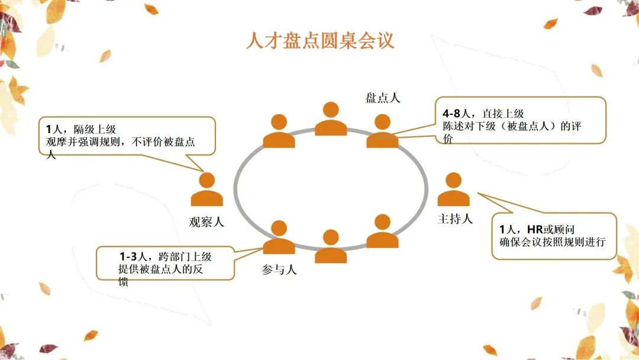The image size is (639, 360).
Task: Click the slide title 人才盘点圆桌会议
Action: click(320, 41)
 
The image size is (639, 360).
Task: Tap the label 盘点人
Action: click(383, 98)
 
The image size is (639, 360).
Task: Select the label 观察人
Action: click(206, 222)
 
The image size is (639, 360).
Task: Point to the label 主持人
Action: click(455, 219)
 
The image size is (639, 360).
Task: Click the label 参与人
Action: click(279, 269)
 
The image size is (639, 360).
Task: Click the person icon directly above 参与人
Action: click(279, 237)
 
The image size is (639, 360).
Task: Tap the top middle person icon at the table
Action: click(331, 118)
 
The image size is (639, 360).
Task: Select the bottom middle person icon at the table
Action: click(331, 246)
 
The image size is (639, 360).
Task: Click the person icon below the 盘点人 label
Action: click(382, 131)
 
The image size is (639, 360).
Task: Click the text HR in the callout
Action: click(535, 229)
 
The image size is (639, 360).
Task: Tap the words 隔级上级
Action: click(95, 129)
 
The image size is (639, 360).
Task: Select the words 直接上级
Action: click(503, 113)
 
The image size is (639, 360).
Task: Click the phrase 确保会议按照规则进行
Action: click(553, 242)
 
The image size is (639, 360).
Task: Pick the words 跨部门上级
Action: click(185, 256)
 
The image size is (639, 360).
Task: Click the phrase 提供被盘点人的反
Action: click(160, 269)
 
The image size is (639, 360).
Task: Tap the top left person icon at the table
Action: click(279, 131)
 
